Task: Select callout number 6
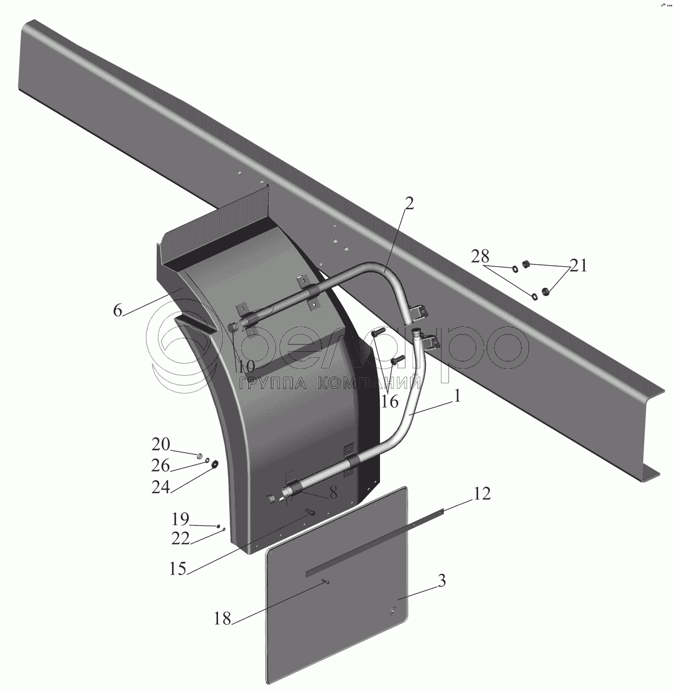[x=118, y=310]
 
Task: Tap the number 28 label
[x=480, y=256]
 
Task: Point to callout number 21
[x=578, y=266]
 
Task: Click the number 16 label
[x=389, y=402]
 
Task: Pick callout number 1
[x=457, y=396]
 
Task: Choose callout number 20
[x=161, y=444]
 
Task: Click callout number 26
[x=160, y=465]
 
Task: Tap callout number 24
[x=160, y=487]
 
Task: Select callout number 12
[x=482, y=494]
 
